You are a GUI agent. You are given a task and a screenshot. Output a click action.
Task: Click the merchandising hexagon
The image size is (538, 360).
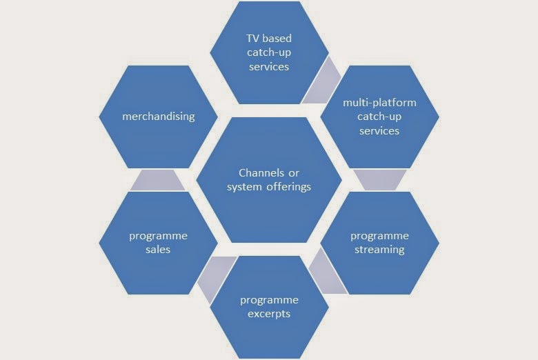[x=158, y=117]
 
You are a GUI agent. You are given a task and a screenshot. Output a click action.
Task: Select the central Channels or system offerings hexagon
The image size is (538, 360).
[x=269, y=179]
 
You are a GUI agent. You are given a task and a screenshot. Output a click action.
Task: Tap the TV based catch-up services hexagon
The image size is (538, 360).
[x=269, y=52]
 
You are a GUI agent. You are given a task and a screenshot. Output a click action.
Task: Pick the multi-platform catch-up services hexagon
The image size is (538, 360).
[x=379, y=117]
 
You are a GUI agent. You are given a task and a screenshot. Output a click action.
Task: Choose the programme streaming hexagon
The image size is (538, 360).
[x=379, y=243]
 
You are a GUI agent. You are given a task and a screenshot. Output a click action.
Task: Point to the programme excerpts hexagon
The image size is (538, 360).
[x=269, y=307]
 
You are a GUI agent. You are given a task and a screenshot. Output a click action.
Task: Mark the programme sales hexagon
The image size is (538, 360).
[x=158, y=243]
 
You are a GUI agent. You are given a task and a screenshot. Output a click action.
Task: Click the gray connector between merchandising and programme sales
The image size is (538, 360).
[x=158, y=180]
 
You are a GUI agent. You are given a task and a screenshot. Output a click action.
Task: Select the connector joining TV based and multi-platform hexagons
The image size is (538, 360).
[x=322, y=81]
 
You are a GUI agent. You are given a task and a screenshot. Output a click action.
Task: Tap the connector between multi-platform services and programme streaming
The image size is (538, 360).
[x=380, y=180]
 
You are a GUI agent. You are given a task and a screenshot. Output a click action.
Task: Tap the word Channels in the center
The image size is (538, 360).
[x=259, y=172]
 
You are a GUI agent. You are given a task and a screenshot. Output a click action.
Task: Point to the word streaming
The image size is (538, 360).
[x=379, y=250]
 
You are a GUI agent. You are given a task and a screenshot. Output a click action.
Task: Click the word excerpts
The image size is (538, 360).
[x=269, y=314]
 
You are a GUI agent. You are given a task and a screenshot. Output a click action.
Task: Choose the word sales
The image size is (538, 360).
[x=158, y=250]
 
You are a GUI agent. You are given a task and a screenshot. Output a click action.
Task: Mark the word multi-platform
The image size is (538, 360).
[x=379, y=103]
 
